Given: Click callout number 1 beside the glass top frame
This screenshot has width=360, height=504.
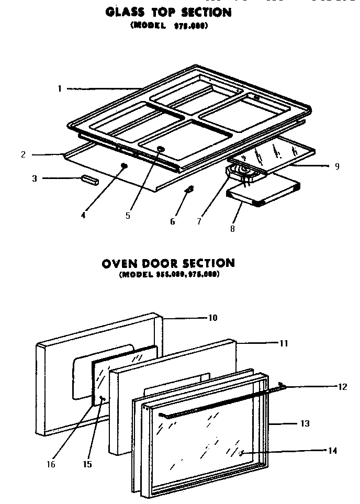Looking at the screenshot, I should click(60, 89).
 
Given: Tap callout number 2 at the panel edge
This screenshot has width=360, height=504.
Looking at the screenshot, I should click(24, 154).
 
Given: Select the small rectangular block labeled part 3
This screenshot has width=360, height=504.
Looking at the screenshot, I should click(88, 180).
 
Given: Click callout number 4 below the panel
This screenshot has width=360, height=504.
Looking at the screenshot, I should click(83, 214).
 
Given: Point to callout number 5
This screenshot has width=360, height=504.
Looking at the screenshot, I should click(128, 215).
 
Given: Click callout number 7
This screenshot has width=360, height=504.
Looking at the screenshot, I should click(199, 221).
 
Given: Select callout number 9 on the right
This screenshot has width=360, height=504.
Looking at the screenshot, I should click(337, 166).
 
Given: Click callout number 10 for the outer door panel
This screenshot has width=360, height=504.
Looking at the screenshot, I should click(213, 318).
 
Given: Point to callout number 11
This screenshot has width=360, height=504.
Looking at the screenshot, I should click(284, 343).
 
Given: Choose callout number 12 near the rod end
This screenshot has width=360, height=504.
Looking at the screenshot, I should click(343, 387).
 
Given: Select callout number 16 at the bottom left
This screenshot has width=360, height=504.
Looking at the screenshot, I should click(50, 464).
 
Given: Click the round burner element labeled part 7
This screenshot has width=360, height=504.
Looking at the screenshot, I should click(242, 170).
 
